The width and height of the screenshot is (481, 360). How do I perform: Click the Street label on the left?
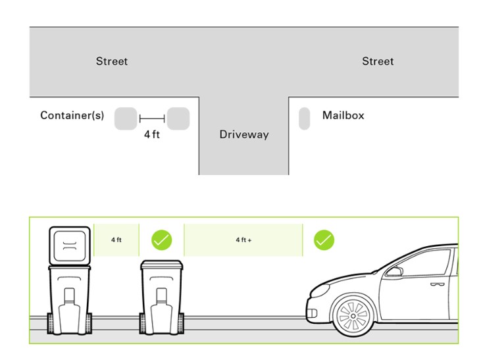point(112,61)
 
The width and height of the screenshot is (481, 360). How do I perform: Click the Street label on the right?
point(378,61)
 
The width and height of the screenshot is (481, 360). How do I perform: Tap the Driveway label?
point(243,135)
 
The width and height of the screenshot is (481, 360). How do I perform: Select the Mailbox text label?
point(343,115)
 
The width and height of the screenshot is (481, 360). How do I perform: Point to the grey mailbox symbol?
point(304,118)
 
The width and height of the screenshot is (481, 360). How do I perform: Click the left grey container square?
point(126,118)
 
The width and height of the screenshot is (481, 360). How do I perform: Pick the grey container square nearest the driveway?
point(178,118)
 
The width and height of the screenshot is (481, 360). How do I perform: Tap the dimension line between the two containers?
point(152,119)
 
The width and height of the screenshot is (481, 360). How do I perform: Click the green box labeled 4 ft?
point(116,240)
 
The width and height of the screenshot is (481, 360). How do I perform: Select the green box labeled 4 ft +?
point(243,240)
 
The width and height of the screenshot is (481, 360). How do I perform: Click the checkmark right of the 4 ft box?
point(162,240)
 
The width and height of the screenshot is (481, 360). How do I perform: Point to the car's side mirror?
point(393,270)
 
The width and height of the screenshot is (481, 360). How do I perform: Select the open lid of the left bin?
point(70,245)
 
